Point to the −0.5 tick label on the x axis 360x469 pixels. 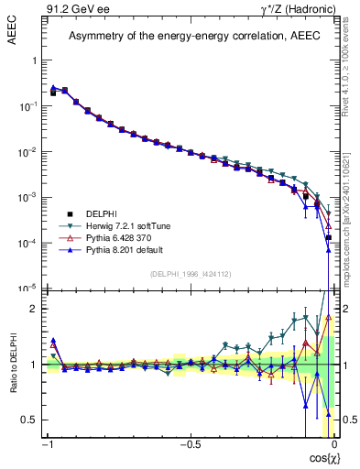click(x=190, y=445)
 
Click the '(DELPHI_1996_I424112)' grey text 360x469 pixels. click(x=190, y=275)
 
